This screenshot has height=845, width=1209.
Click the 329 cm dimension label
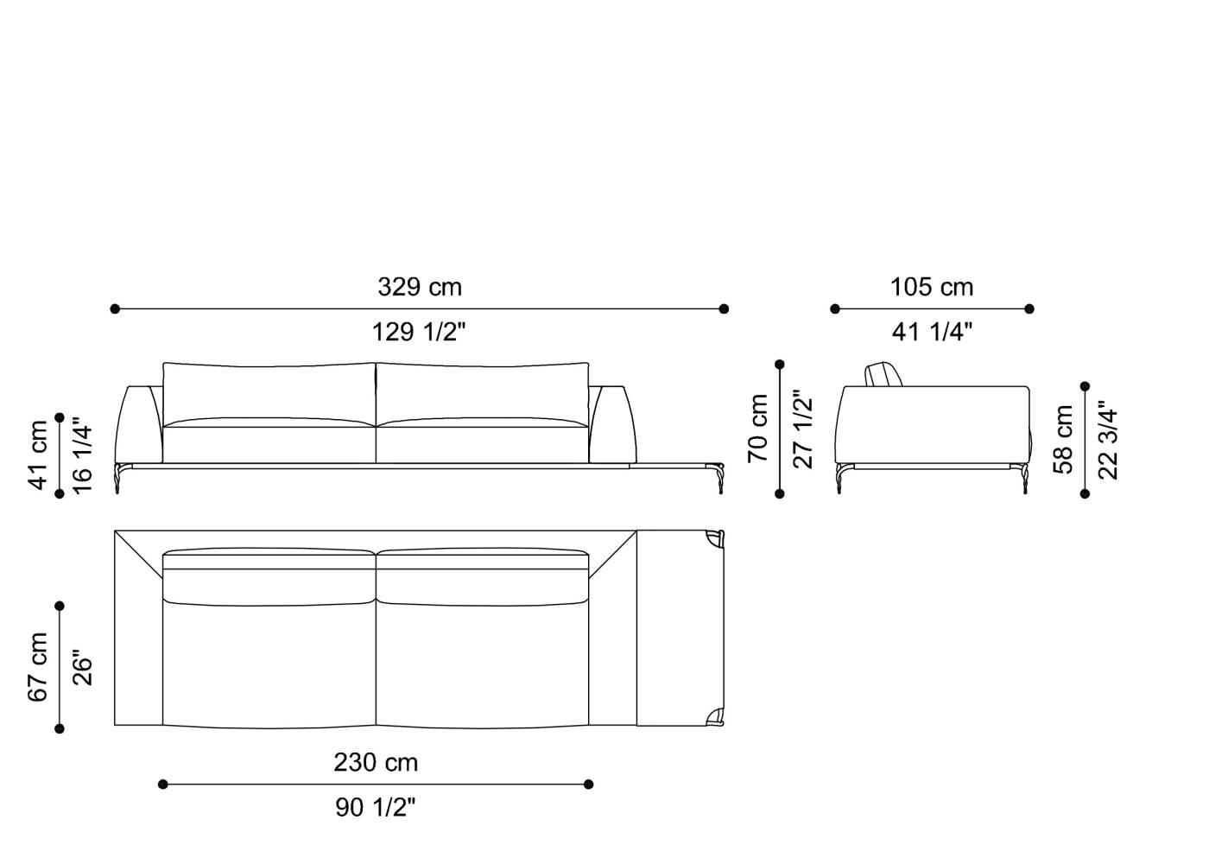[x=419, y=287]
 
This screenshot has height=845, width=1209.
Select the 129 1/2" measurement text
[x=419, y=332]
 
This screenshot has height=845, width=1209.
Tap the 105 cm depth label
[x=932, y=287]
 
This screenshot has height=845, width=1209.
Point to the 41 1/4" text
[x=932, y=332]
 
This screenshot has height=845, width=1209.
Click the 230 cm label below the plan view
[x=376, y=763]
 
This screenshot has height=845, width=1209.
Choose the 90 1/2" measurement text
[x=376, y=808]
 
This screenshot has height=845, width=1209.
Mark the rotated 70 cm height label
[x=758, y=428]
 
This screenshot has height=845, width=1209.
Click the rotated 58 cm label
[x=1064, y=440]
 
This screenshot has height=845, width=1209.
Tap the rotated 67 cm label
[x=38, y=666]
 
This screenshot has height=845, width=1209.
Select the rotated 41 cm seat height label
[x=38, y=455]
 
